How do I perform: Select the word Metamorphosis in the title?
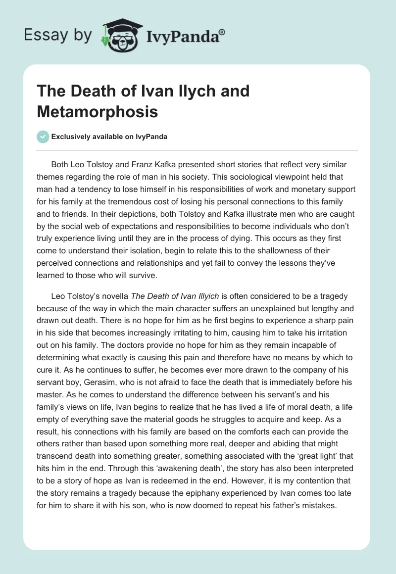point(98,112)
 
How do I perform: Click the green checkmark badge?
point(43,137)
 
